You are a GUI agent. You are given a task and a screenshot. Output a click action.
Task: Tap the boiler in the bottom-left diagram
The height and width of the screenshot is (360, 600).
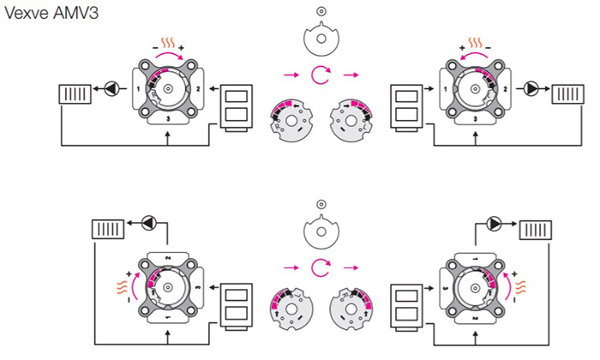tap(238, 303)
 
